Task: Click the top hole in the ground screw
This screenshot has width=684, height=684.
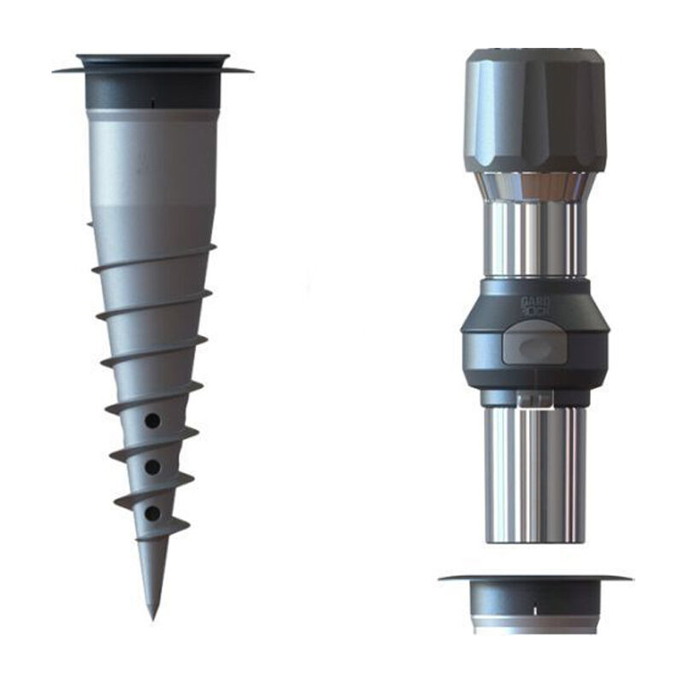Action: pos(151,421)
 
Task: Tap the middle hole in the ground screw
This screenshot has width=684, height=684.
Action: pos(151,467)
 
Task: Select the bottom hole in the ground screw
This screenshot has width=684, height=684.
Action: pos(151,513)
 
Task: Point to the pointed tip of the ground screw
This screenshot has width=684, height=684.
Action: pos(152,614)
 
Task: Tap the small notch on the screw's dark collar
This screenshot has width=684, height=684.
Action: pos(152,103)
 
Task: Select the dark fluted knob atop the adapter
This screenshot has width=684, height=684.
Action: pos(535,111)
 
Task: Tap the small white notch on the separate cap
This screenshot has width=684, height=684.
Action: pos(535,610)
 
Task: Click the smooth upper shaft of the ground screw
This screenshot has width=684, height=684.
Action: pos(152,162)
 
